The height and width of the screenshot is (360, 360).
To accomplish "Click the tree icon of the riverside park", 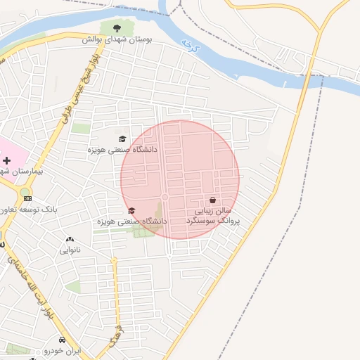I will pyautogui.click(x=117, y=29).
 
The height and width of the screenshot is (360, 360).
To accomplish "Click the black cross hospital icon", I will pyautogui.click(x=7, y=161).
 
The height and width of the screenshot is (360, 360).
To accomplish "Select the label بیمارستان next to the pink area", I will pyautogui.click(x=21, y=171).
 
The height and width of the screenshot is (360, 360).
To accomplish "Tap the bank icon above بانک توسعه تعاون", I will pyautogui.click(x=27, y=199).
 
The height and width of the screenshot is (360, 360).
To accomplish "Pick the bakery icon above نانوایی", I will pyautogui.click(x=70, y=240).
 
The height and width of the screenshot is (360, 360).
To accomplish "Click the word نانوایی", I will pyautogui.click(x=70, y=250).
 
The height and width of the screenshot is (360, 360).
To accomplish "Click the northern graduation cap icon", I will pyautogui.click(x=122, y=139).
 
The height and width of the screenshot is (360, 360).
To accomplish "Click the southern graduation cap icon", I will pyautogui.click(x=131, y=211).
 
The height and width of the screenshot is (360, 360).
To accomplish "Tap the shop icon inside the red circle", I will pyautogui.click(x=212, y=200).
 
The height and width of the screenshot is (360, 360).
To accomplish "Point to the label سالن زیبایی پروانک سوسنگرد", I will pyautogui.click(x=212, y=215).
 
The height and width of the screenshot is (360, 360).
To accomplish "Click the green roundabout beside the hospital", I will pyautogui.click(x=25, y=191).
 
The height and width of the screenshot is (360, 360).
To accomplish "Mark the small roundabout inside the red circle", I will pyautogui.click(x=165, y=197).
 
